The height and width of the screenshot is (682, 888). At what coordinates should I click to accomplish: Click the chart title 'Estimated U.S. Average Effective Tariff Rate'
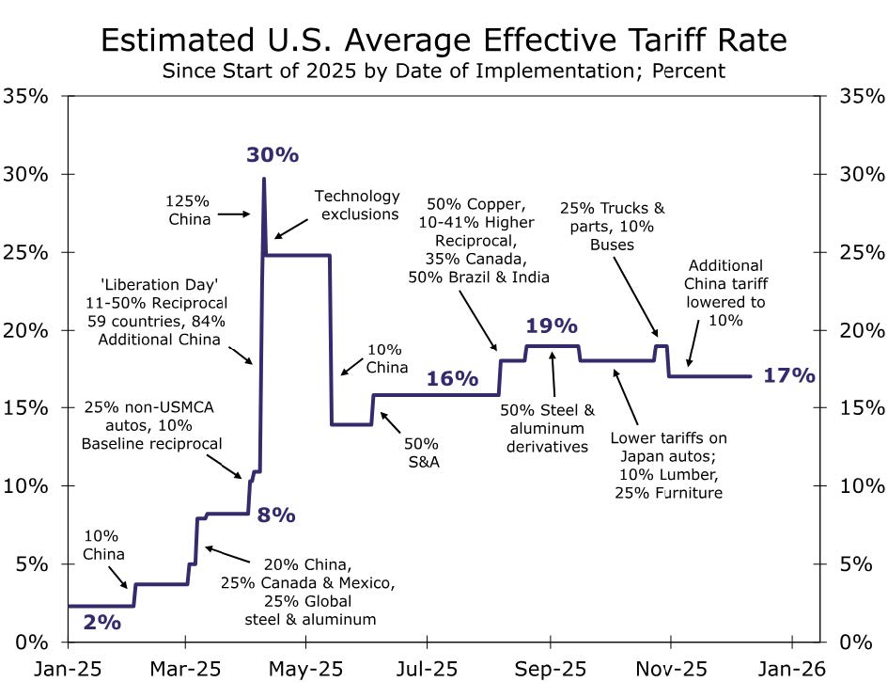pyautogui.click(x=444, y=41)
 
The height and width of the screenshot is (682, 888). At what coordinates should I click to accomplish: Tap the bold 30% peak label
pyautogui.click(x=273, y=155)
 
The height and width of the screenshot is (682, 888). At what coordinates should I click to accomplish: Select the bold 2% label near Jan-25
pyautogui.click(x=101, y=622)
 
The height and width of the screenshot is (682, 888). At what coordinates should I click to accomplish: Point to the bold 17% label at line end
pyautogui.click(x=789, y=375)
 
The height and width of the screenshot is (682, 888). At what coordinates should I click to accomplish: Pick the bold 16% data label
pyautogui.click(x=453, y=379)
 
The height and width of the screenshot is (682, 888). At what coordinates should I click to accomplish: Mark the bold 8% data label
pyautogui.click(x=277, y=515)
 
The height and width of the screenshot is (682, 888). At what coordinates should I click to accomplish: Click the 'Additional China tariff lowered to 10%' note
pyautogui.click(x=725, y=293)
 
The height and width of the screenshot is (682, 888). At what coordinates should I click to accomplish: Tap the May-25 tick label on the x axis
pyautogui.click(x=305, y=668)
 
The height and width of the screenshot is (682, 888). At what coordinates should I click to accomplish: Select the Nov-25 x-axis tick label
pyautogui.click(x=670, y=668)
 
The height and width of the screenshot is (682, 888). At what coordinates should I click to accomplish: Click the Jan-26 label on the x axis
pyautogui.click(x=791, y=668)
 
